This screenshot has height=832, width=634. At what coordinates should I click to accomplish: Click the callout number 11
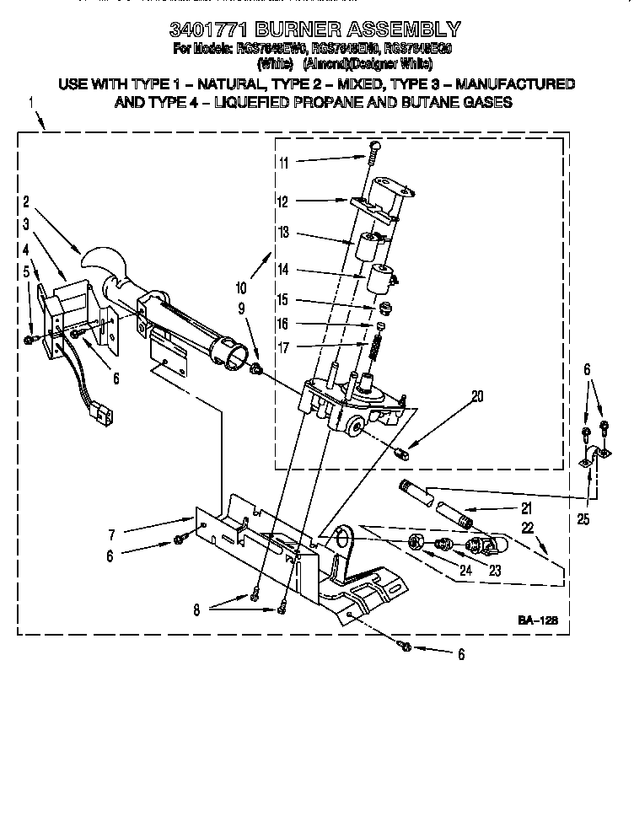pos(283,163)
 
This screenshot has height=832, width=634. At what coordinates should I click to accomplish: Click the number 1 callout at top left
pos(31,103)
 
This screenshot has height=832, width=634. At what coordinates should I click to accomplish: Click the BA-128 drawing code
pos(538,621)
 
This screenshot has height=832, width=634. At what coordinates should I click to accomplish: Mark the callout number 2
pos(27,201)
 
